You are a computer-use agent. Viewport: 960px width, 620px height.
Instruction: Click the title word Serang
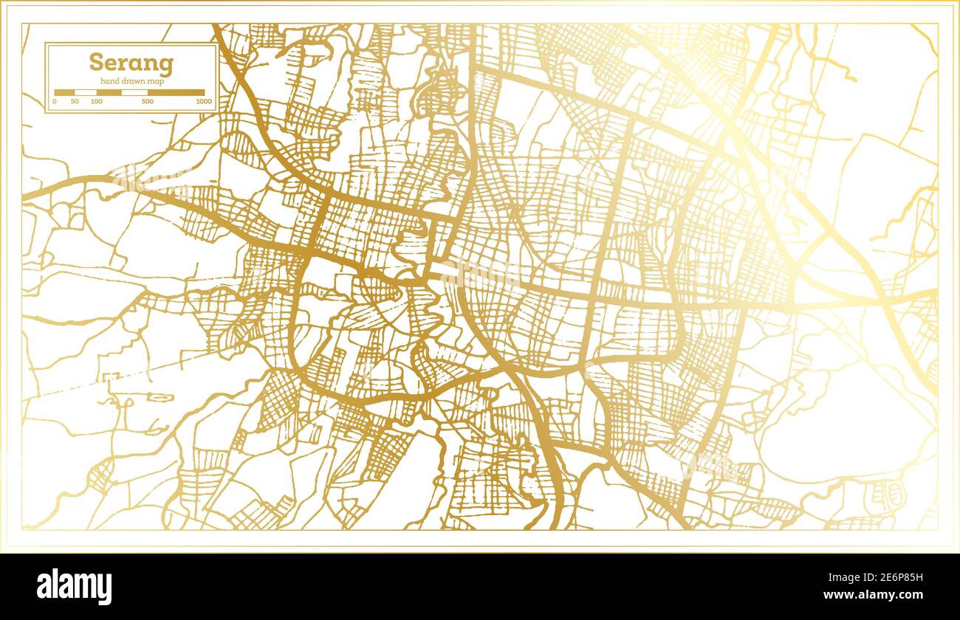click(131, 63)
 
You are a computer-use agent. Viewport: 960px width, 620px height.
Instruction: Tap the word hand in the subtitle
click(101, 80)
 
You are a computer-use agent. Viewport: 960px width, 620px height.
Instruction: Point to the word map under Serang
click(154, 80)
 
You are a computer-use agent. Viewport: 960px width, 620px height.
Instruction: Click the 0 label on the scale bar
click(55, 100)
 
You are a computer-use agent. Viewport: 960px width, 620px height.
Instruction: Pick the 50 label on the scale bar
click(75, 100)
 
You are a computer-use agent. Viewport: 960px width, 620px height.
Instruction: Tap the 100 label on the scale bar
click(97, 100)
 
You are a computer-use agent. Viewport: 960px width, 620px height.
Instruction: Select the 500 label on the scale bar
click(147, 100)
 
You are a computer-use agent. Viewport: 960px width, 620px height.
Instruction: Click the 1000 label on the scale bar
click(204, 100)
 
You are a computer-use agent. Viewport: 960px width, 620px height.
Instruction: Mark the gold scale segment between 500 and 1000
click(176, 93)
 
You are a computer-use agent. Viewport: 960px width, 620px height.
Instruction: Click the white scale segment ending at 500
click(134, 93)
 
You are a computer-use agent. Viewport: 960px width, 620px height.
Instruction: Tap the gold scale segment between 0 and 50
click(64, 93)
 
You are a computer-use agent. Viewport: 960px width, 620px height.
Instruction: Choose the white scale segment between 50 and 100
click(86, 93)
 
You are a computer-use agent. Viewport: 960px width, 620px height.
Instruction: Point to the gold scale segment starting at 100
click(109, 93)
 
